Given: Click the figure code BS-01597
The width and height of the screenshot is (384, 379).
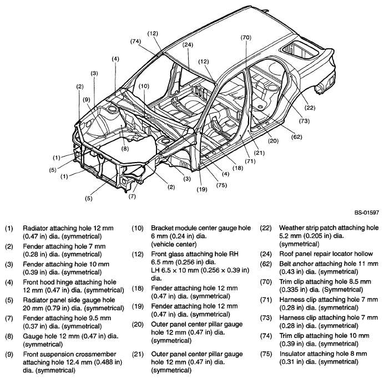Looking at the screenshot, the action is tap(367, 213).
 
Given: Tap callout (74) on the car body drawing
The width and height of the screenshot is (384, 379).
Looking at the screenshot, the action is tap(135, 42).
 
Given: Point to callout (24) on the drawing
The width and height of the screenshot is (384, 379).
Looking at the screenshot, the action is tap(188, 44).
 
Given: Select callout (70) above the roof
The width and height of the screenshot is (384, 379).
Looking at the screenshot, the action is tap(246, 38).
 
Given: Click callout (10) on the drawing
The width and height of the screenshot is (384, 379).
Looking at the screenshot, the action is tap(144, 86).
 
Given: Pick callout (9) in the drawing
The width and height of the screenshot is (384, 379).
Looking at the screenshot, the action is tap(87, 100).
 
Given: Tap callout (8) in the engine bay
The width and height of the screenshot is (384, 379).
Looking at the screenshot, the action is tap(125, 149).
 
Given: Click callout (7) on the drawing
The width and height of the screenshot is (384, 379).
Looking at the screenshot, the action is tap(132, 196).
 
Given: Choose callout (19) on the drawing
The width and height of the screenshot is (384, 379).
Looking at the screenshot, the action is tap(202, 189).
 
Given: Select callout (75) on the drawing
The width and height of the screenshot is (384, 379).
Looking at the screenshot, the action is tap(221, 185).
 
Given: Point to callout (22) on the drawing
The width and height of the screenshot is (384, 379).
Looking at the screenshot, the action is tap(310, 108).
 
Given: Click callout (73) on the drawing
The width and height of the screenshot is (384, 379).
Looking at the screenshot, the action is tap(304, 121).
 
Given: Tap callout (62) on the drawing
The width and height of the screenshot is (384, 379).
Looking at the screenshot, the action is tap(296, 137).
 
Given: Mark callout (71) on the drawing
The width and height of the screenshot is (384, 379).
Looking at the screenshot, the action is tap(250, 161).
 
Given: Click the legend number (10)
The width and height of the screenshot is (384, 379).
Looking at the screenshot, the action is tap(138, 228).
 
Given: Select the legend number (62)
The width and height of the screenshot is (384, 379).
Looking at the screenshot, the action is tap(266, 264).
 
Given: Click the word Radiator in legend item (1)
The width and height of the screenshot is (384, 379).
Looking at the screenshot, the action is tap(36, 228).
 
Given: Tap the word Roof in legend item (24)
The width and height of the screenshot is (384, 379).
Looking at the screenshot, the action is tap(286, 254).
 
